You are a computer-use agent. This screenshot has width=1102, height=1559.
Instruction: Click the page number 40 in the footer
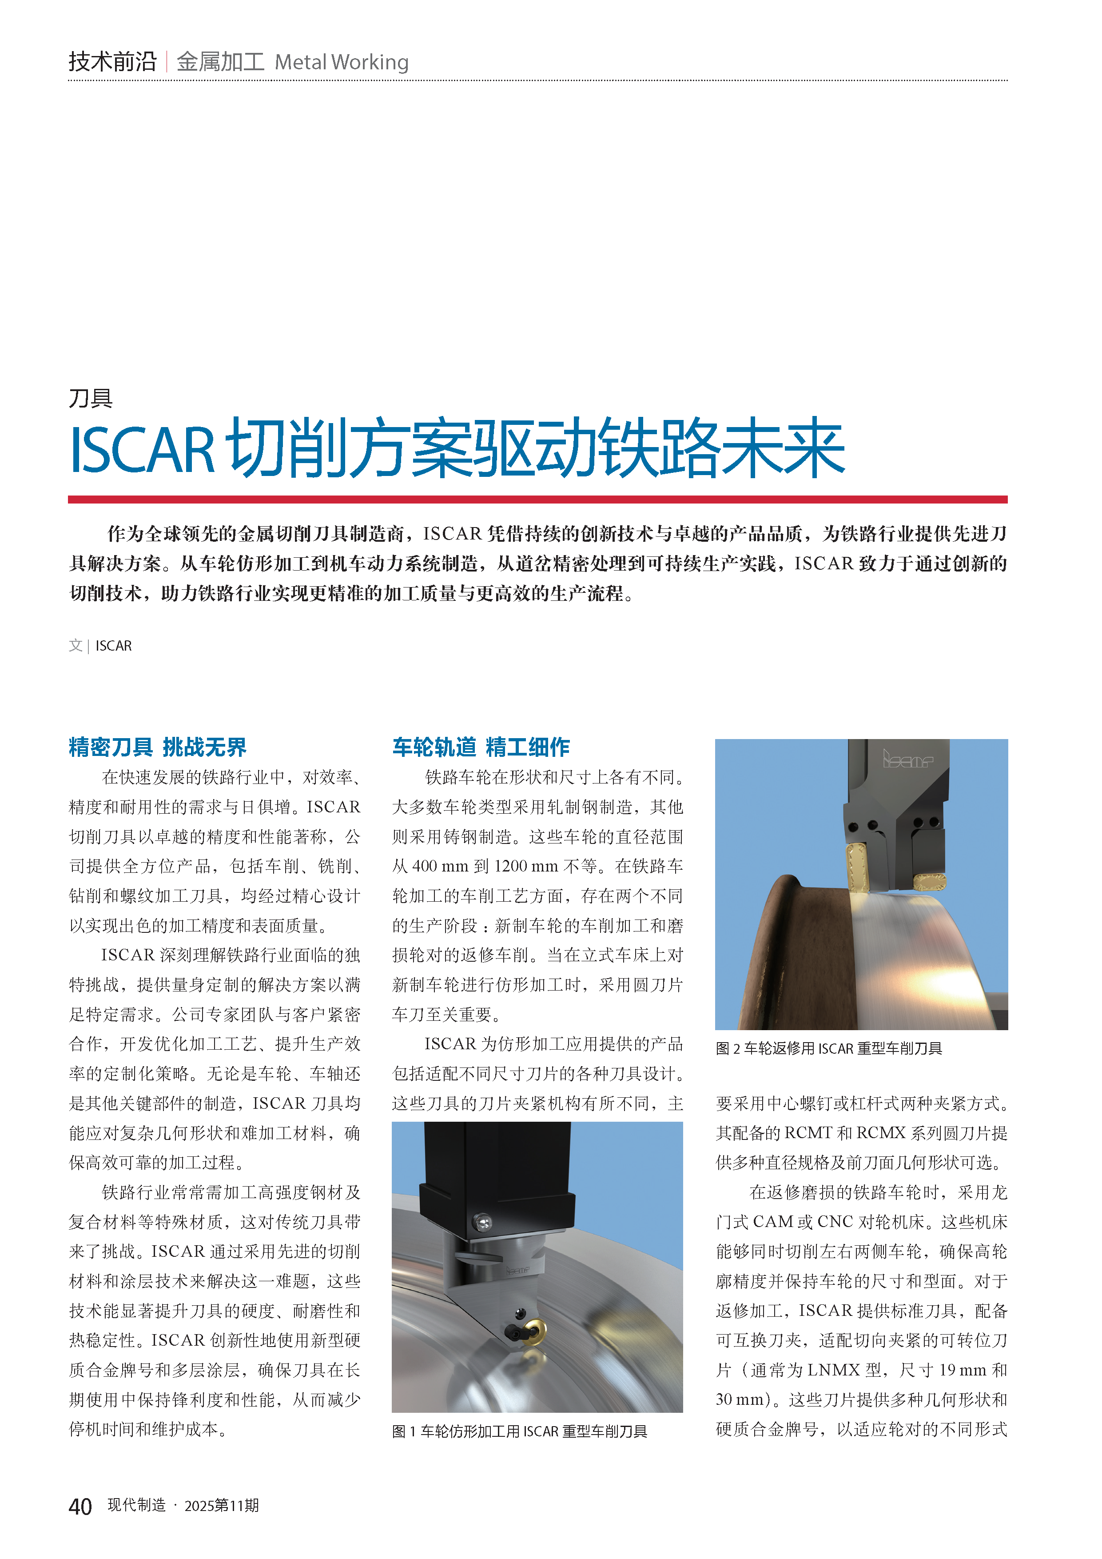coord(80,1507)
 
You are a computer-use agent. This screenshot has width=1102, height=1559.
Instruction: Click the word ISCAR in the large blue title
coord(143,449)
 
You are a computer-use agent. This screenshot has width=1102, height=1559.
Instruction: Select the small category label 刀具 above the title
coord(90,398)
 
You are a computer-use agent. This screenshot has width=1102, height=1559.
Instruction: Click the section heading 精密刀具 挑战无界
coord(157,747)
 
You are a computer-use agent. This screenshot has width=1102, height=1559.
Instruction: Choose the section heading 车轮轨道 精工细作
coord(481,747)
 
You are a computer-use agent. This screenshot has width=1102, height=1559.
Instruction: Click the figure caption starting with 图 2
coord(828,1048)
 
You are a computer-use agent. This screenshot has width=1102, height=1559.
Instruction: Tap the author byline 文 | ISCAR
coord(100,646)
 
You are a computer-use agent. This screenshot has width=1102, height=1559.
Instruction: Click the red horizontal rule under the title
coord(537,500)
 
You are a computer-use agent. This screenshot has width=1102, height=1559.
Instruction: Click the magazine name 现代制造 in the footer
coord(136,1505)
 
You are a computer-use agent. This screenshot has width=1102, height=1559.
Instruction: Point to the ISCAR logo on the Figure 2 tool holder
coord(907,759)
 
